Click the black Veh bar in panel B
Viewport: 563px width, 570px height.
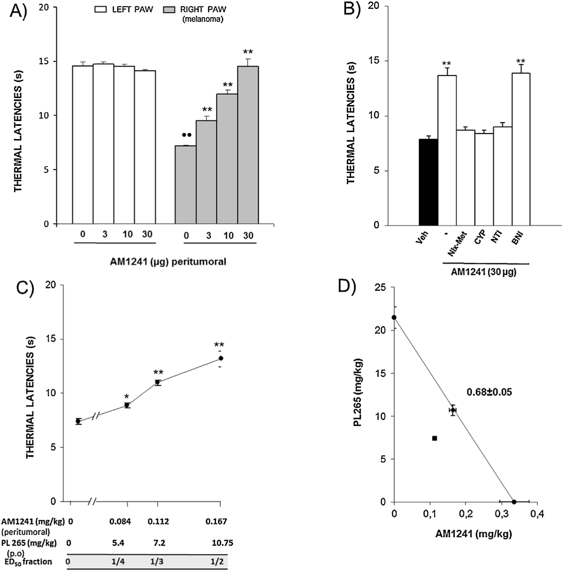pos(428,182)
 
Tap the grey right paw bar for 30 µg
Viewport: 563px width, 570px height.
pos(248,145)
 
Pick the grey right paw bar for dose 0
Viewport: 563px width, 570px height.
pos(185,185)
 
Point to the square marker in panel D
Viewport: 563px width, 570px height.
pos(434,438)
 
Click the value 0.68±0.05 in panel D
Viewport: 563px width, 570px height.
pos(489,392)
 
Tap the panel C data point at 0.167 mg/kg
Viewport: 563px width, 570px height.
pos(220,358)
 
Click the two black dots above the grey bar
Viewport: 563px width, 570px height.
pos(186,135)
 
